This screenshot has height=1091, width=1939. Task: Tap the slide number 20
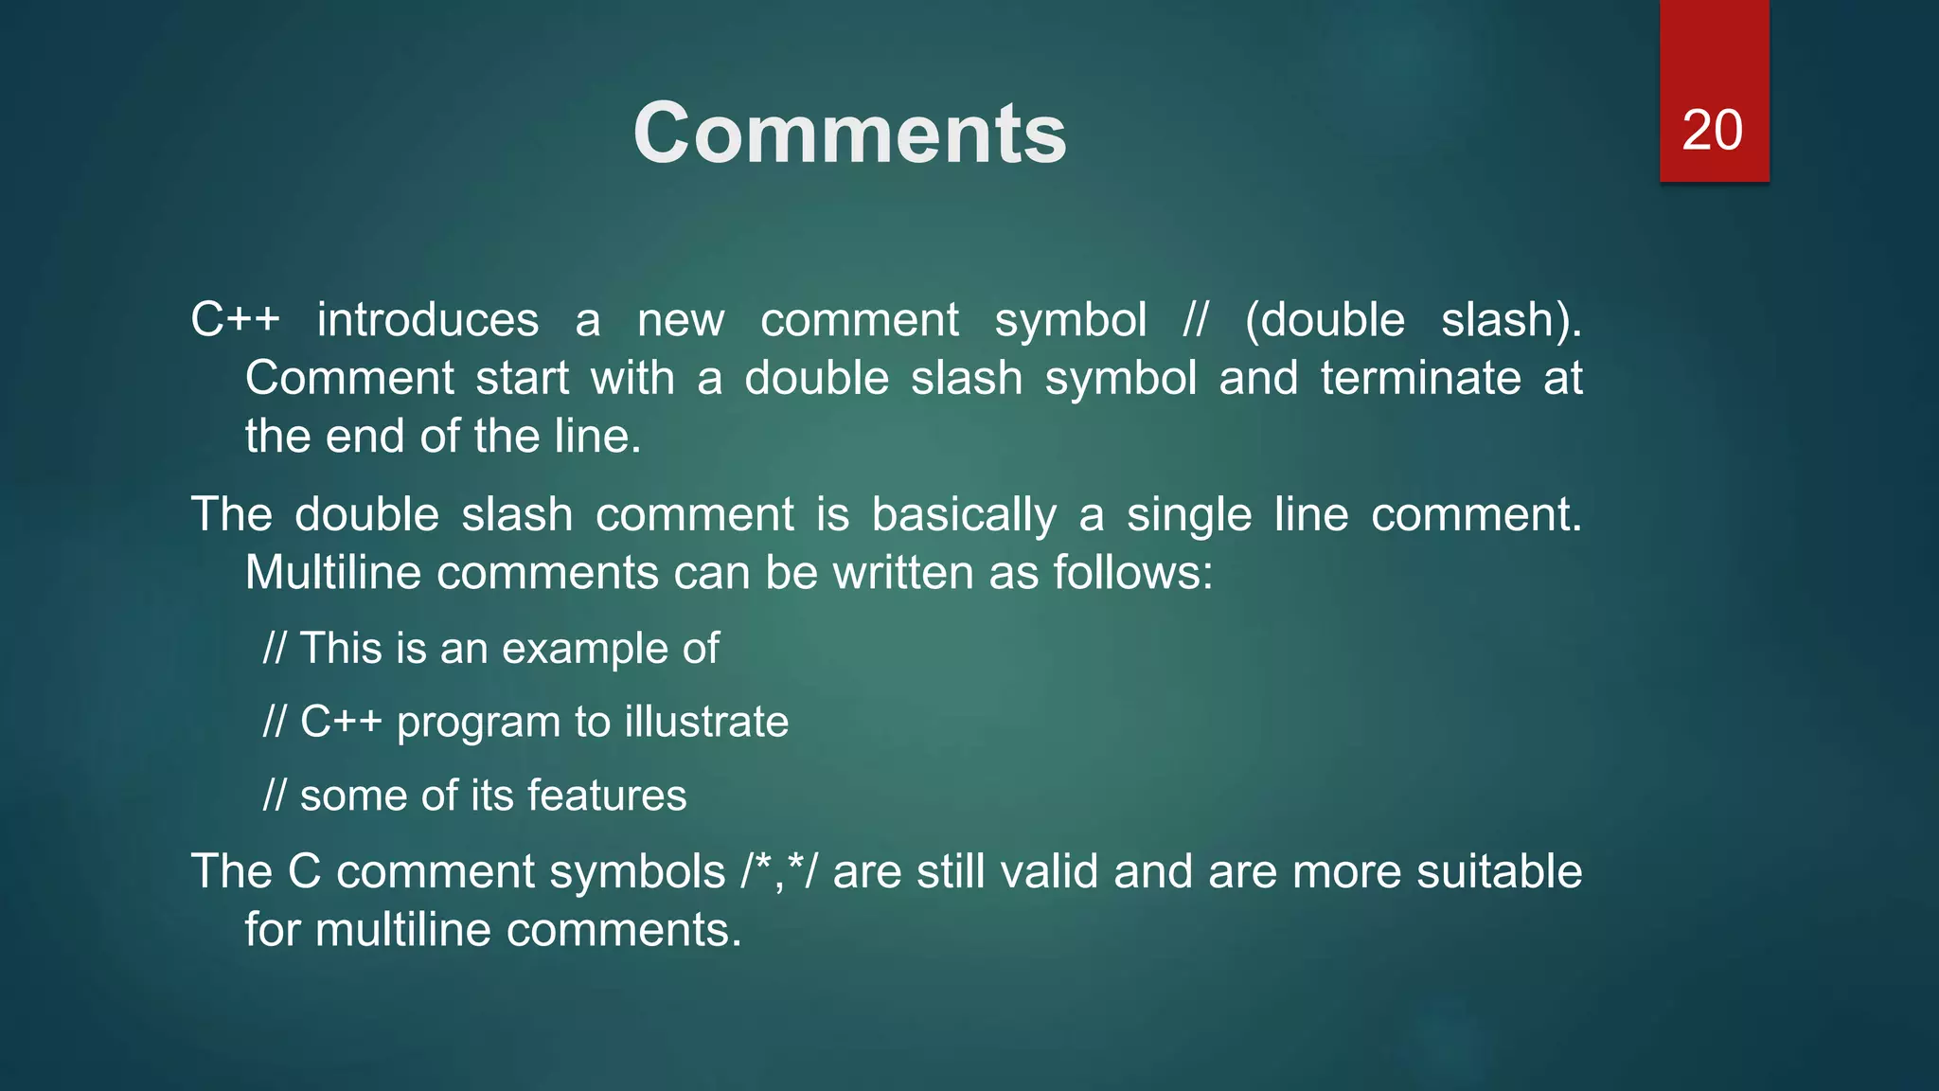(x=1712, y=130)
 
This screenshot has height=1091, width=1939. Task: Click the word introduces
(x=427, y=320)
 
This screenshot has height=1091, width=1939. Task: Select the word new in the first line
(x=681, y=320)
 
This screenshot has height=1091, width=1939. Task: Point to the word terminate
(x=1420, y=378)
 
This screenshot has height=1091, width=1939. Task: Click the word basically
(x=963, y=515)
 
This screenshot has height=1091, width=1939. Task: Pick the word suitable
(x=1499, y=871)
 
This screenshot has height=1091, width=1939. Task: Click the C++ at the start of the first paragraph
(x=235, y=320)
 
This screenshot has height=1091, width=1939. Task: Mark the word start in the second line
(x=522, y=378)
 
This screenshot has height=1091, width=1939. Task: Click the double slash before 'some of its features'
(x=274, y=796)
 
